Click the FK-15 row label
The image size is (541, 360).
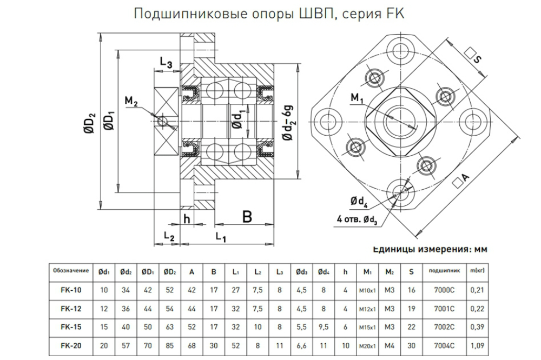pyautogui.click(x=71, y=327)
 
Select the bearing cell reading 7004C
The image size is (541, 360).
pyautogui.click(x=444, y=345)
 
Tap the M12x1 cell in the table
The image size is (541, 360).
pyautogui.click(x=367, y=309)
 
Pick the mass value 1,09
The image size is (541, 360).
pyautogui.click(x=477, y=345)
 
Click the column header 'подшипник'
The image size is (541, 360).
pyautogui.click(x=444, y=271)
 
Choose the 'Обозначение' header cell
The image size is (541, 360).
pyautogui.click(x=71, y=271)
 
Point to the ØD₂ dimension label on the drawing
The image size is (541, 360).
pyautogui.click(x=90, y=123)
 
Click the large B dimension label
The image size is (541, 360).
pyautogui.click(x=247, y=217)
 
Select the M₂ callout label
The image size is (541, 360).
pyautogui.click(x=131, y=101)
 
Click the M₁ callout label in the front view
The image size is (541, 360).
pyautogui.click(x=357, y=98)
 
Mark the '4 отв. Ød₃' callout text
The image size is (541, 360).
pyautogui.click(x=357, y=219)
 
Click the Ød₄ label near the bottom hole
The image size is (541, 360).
pyautogui.click(x=359, y=202)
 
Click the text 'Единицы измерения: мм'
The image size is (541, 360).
pyautogui.click(x=430, y=249)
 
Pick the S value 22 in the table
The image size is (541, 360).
pyautogui.click(x=411, y=327)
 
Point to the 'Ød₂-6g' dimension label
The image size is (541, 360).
pyautogui.click(x=288, y=122)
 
